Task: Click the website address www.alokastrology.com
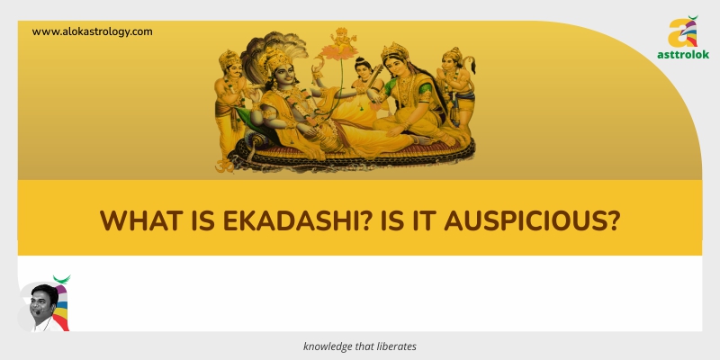click(92, 31)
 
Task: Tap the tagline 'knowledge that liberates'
click(359, 346)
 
